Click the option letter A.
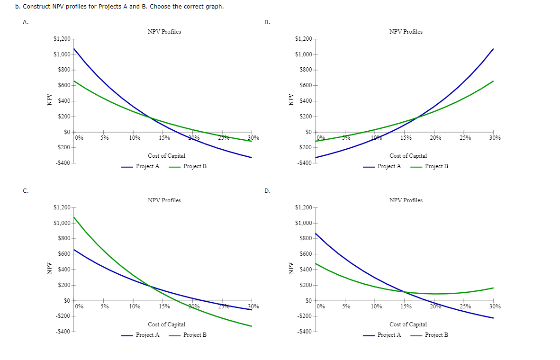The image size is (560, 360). [25, 22]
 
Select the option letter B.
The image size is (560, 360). [267, 22]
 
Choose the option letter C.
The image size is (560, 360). [25, 191]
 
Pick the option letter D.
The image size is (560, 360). [267, 191]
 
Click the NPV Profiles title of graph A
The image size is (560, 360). [164, 32]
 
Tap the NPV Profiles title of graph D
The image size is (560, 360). [406, 200]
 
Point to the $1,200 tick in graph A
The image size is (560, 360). [62, 39]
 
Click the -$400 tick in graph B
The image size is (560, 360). [303, 163]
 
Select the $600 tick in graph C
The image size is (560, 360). [63, 254]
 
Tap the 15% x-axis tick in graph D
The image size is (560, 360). [406, 306]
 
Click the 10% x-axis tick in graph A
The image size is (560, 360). [134, 138]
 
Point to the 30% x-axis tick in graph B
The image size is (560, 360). [495, 138]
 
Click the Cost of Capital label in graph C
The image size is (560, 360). [166, 324]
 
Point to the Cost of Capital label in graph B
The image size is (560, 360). [408, 156]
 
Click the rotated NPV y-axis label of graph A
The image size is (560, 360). [48, 101]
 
